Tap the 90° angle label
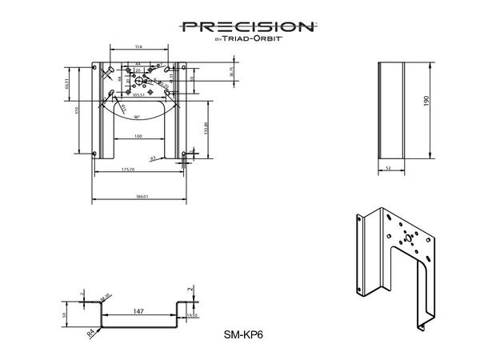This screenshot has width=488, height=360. (138, 117)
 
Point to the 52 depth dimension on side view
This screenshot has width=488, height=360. (389, 168)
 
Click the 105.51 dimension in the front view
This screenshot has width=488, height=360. (138, 94)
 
